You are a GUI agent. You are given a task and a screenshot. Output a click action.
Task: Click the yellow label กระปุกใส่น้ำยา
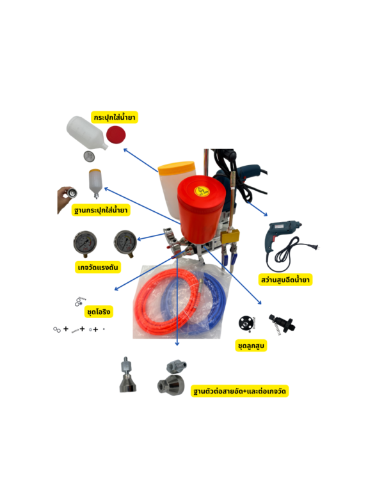pos(114,117)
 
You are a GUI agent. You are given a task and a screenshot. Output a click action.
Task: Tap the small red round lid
pos(116,134)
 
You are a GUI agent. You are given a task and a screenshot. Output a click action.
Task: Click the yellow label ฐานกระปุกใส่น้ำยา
pos(100,211)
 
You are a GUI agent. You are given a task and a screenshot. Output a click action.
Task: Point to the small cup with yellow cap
pos(95,184)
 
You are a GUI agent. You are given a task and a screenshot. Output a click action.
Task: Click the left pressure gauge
pos(85,244)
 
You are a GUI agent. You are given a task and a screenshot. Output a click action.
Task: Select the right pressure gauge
pos(125,243)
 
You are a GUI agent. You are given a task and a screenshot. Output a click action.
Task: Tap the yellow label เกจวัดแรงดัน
pos(98,268)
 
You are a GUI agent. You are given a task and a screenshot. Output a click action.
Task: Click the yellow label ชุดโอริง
pos(99,312)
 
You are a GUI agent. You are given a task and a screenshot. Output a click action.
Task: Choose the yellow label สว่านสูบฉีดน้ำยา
pos(285,280)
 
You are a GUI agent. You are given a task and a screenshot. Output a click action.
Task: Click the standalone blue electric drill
pos(284,236)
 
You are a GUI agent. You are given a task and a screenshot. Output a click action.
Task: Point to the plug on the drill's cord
pos(316,247)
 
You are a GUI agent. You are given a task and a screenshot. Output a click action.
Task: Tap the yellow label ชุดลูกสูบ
pos(251,346)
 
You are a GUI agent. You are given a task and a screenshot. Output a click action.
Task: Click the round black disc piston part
pos(246,323)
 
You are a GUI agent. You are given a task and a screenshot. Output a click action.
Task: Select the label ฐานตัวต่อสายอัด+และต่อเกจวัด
pos(239,391)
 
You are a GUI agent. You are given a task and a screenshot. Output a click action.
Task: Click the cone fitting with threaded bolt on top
pos(128,374)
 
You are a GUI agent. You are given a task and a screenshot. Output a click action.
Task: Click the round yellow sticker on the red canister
pos(202,191)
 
